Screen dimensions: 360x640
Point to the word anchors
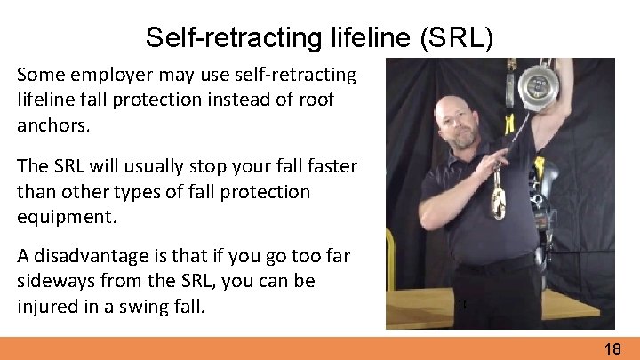coord(53,125)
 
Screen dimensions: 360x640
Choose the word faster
coord(327,167)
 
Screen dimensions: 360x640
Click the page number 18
coord(612,349)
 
